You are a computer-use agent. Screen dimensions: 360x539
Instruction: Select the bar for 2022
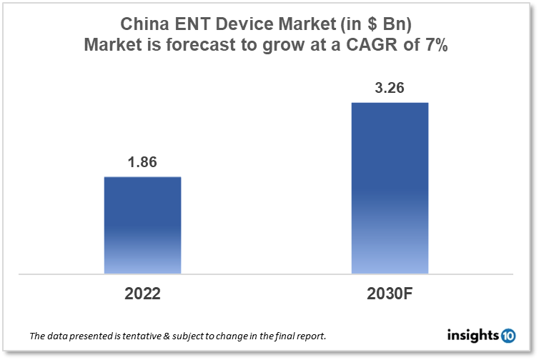pyautogui.click(x=142, y=225)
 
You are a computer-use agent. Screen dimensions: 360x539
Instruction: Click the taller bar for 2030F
pyautogui.click(x=390, y=188)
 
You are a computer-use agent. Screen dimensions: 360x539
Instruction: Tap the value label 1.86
pyautogui.click(x=142, y=162)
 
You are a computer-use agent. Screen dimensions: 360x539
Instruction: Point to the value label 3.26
pyautogui.click(x=390, y=88)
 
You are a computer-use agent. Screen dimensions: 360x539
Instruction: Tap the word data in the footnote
pyautogui.click(x=55, y=336)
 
